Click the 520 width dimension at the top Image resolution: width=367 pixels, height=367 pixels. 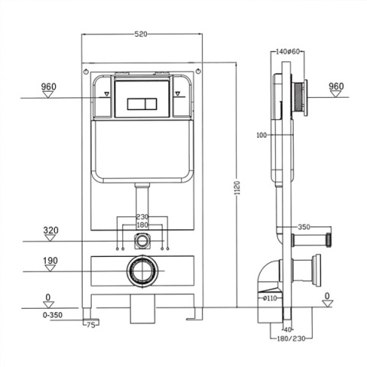141,34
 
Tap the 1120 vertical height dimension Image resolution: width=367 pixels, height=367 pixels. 237,188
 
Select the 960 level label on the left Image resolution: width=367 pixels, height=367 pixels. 49,86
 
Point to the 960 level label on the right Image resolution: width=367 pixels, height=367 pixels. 336,86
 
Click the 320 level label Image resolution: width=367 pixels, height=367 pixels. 50,230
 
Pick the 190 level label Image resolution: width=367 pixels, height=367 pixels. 50,261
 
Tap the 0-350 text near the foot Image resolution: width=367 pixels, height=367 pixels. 53,315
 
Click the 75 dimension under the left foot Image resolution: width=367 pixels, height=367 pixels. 91,325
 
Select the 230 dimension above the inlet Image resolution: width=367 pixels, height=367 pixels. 142,217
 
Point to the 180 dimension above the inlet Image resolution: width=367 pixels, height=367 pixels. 142,225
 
